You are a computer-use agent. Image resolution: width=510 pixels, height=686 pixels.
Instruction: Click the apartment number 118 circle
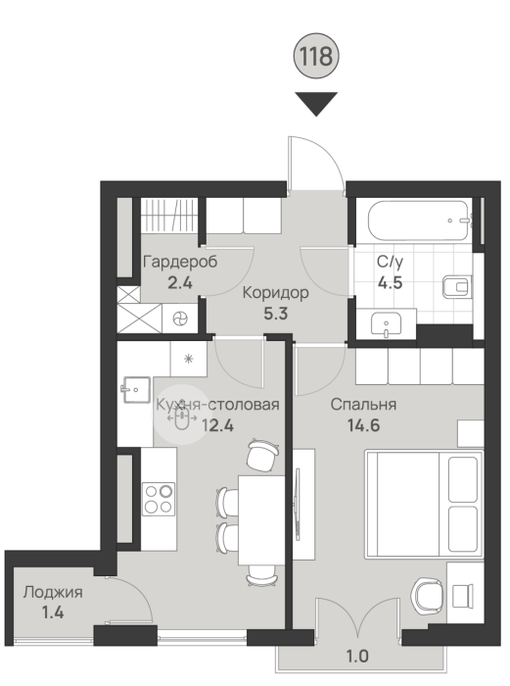pyautogui.click(x=316, y=56)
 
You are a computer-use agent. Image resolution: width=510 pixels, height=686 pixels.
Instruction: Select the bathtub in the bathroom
pyautogui.click(x=419, y=220)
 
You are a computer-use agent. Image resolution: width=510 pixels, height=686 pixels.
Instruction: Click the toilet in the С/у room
pyautogui.click(x=457, y=287)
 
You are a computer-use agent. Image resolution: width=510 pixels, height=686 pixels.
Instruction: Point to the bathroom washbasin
pyautogui.click(x=387, y=324)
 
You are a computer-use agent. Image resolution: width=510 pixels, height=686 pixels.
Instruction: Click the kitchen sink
pyautogui.click(x=136, y=389)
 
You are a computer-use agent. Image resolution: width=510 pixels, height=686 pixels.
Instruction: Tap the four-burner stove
pyautogui.click(x=159, y=498)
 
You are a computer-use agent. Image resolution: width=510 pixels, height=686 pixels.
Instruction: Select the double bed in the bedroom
pyautogui.click(x=424, y=505)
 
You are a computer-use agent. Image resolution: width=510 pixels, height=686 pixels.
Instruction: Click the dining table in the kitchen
pyautogui.click(x=261, y=519)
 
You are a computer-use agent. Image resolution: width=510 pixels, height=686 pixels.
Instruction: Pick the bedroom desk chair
pyautogui.click(x=427, y=597)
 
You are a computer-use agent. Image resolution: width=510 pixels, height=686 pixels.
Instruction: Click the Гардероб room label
pyautogui.click(x=180, y=262)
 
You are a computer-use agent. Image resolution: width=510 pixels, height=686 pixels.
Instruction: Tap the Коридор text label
pyautogui.click(x=275, y=292)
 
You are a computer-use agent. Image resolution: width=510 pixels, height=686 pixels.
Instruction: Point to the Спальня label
pyautogui.click(x=363, y=404)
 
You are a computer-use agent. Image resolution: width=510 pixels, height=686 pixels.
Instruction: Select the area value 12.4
pyautogui.click(x=217, y=424)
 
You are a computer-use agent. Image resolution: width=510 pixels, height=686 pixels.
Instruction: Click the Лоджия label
pyautogui.click(x=53, y=592)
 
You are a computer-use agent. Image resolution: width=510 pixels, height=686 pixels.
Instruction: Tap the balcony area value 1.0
pyautogui.click(x=357, y=657)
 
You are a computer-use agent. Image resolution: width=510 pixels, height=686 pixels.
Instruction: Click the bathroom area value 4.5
pyautogui.click(x=390, y=282)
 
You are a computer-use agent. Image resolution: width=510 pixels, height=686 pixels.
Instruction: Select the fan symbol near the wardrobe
pyautogui.click(x=180, y=318)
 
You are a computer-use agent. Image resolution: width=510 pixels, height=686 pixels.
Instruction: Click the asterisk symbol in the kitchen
pyautogui.click(x=188, y=360)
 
